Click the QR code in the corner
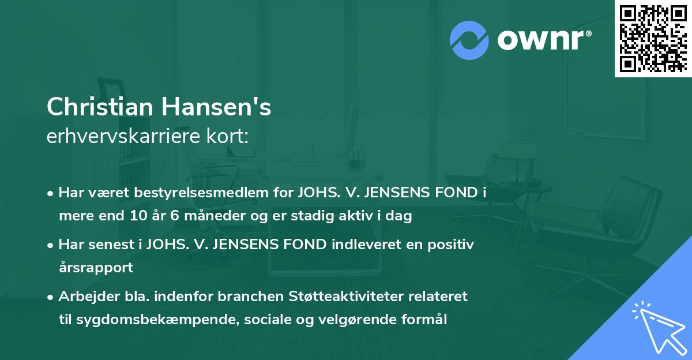pos(652,38)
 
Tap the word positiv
pos(452,245)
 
